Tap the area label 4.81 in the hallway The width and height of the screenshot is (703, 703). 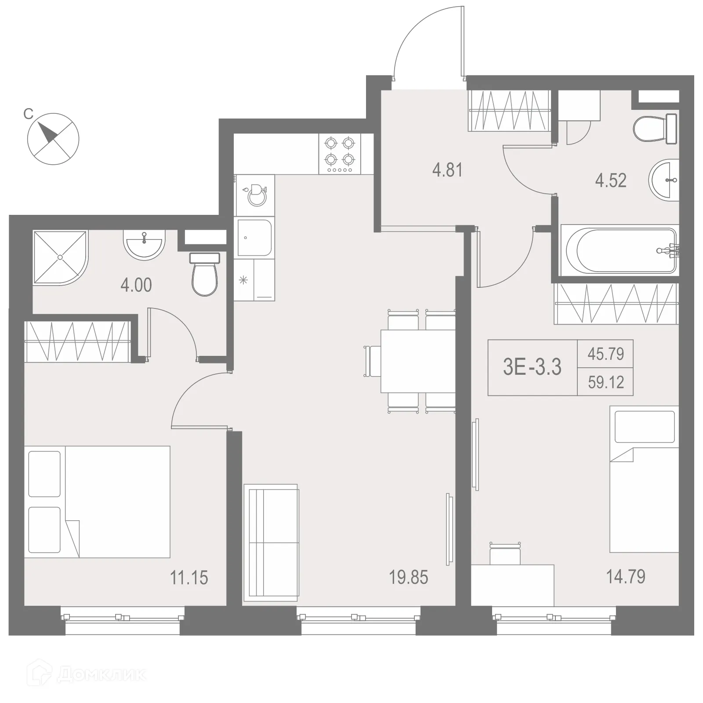[x=447, y=170]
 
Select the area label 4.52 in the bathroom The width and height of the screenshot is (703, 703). [x=611, y=181]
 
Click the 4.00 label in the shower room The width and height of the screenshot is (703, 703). [x=136, y=286]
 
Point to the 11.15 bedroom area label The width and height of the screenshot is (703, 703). [x=189, y=578]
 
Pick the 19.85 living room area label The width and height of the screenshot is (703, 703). [x=408, y=577]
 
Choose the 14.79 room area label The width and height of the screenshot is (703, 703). [x=626, y=576]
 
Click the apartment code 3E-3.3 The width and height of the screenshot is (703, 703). [x=532, y=367]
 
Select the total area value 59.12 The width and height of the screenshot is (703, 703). [x=606, y=382]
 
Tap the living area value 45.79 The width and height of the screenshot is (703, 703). [x=606, y=354]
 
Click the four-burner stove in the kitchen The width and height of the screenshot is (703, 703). [x=340, y=154]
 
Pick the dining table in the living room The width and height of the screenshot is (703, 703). [x=417, y=361]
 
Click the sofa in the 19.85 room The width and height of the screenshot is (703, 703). [x=271, y=543]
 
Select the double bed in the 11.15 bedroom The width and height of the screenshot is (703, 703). [x=98, y=502]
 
